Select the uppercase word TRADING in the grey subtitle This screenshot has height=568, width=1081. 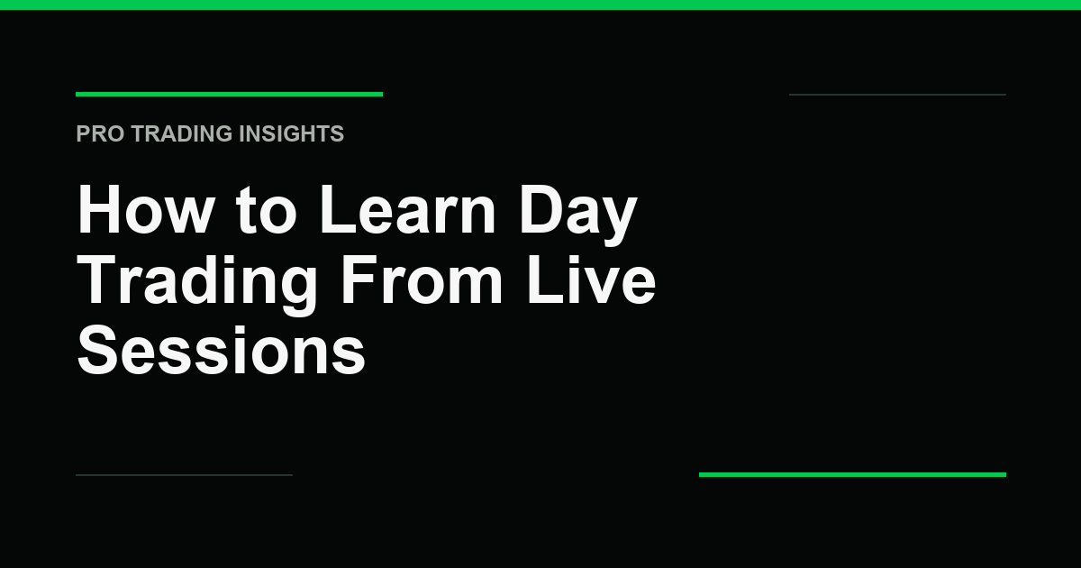tap(182, 133)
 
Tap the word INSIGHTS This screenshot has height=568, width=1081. tap(292, 133)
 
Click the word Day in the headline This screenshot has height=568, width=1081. tap(578, 215)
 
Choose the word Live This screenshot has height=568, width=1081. tap(591, 279)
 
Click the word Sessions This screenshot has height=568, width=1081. tap(221, 350)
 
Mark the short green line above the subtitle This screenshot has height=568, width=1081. tap(229, 94)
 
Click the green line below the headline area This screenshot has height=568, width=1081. tap(852, 475)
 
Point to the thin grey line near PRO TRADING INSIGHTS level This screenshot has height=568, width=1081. tap(897, 95)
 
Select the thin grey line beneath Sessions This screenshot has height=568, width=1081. tap(185, 475)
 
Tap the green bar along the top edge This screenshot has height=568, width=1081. tap(540, 5)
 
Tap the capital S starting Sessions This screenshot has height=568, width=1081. tap(98, 350)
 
